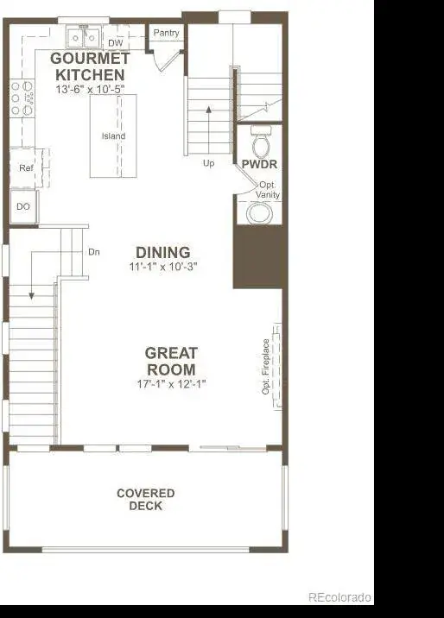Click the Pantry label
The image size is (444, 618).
pyautogui.click(x=166, y=33)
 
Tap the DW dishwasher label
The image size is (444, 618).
pyautogui.click(x=116, y=42)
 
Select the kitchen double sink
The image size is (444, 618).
pyautogui.click(x=84, y=37)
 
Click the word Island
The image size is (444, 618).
pyautogui.click(x=113, y=136)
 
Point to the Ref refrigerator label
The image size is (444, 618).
pyautogui.click(x=26, y=168)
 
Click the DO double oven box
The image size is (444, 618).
pyautogui.click(x=23, y=207)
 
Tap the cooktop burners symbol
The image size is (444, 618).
pyautogui.click(x=22, y=98)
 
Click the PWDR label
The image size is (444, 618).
pyautogui.click(x=259, y=164)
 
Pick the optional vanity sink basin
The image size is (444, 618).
pyautogui.click(x=259, y=213)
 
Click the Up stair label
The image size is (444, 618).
pyautogui.click(x=208, y=163)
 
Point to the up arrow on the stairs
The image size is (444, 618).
pyautogui.click(x=208, y=129)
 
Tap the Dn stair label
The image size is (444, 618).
pyautogui.click(x=94, y=252)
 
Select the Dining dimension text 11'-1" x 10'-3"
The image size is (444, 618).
pyautogui.click(x=163, y=267)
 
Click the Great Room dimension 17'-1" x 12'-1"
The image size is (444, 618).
pyautogui.click(x=172, y=383)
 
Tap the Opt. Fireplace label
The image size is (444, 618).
pyautogui.click(x=266, y=367)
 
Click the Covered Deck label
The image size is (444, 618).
pyautogui.click(x=145, y=500)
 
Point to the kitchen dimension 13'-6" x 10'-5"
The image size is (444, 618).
pyautogui.click(x=90, y=89)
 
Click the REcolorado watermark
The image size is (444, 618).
pyautogui.click(x=339, y=597)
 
